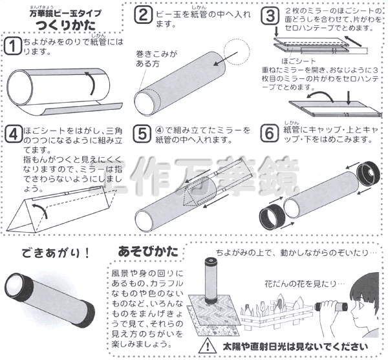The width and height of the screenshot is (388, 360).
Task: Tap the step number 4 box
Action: click(11, 134)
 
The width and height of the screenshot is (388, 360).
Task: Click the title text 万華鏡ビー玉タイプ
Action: click(65, 10)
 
